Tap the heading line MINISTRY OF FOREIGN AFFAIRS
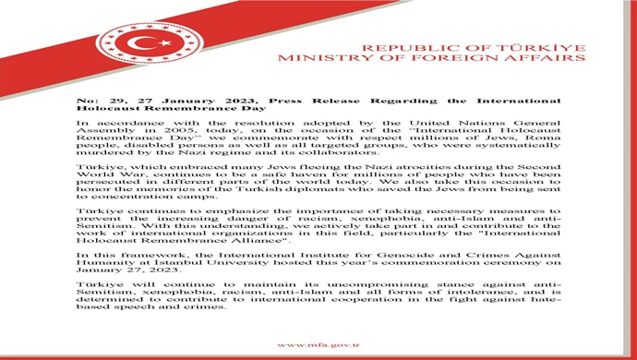coord(472,58)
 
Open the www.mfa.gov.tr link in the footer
coord(318,344)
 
